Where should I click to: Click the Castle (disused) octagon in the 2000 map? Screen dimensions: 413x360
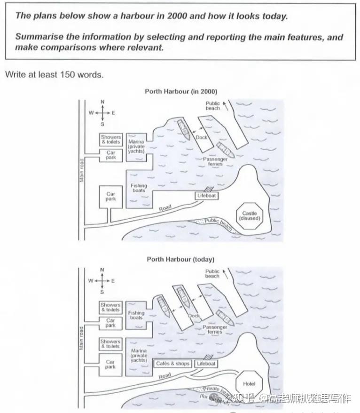(x=250, y=216)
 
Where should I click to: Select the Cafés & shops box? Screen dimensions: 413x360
(x=173, y=364)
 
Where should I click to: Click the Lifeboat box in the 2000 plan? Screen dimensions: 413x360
(x=207, y=195)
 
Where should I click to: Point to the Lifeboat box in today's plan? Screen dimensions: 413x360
(x=206, y=364)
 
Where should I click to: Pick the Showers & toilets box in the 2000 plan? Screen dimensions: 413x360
(x=110, y=139)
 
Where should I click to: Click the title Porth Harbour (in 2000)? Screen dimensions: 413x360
(x=181, y=91)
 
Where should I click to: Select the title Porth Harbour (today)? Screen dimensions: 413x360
(x=180, y=259)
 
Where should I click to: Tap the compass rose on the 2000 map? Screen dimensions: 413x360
(x=102, y=113)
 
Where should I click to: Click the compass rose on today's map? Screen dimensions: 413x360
(x=102, y=281)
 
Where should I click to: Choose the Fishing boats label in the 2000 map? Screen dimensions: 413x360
(x=139, y=188)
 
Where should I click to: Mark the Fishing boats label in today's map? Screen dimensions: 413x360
(x=136, y=315)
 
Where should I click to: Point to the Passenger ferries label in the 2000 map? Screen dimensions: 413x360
(x=215, y=162)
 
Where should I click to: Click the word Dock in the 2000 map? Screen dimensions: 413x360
(x=201, y=138)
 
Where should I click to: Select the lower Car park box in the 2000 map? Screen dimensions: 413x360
(x=110, y=196)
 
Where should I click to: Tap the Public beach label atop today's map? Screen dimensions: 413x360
(x=212, y=273)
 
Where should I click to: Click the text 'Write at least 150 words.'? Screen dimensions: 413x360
(x=54, y=74)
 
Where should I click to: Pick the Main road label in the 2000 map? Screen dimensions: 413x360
(x=81, y=170)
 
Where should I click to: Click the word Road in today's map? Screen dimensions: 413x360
(x=164, y=376)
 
